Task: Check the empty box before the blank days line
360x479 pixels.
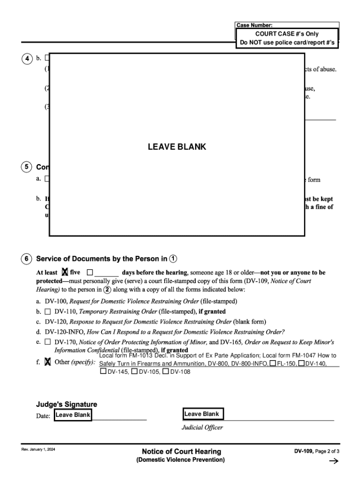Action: pos(90,272)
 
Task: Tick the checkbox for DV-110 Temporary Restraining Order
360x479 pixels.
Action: pos(48,311)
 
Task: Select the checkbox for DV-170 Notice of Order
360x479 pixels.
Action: pos(48,342)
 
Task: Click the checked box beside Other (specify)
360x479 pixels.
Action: pos(48,362)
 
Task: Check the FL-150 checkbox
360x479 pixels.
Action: pos(273,363)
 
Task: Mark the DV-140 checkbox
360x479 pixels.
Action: pos(302,363)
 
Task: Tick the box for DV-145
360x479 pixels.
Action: pos(103,372)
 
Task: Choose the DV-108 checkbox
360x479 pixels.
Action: pos(166,372)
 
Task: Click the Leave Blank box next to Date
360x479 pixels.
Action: pos(73,415)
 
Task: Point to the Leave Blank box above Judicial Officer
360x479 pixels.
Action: pos(202,414)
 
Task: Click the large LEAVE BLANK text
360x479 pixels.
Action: pos(177,147)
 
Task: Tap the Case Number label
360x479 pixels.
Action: pos(254,25)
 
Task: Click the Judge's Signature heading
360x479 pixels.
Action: pos(67,404)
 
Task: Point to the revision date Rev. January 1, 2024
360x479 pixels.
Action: pos(38,450)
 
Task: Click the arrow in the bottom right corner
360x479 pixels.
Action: pos(333,461)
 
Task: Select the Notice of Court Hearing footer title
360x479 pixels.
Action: pos(181,451)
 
